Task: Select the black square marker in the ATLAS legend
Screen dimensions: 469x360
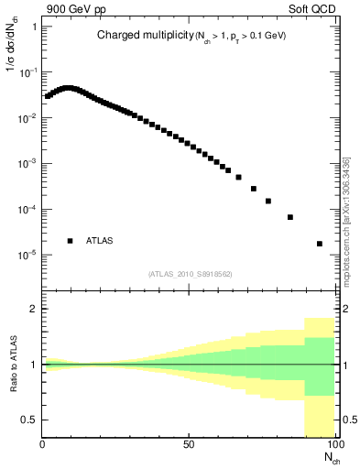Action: (70, 241)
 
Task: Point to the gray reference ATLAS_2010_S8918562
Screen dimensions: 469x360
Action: (189, 273)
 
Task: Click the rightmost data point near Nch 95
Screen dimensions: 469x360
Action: (319, 244)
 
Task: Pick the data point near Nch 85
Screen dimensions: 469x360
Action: (290, 217)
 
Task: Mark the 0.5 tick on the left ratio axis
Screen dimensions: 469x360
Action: (29, 420)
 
